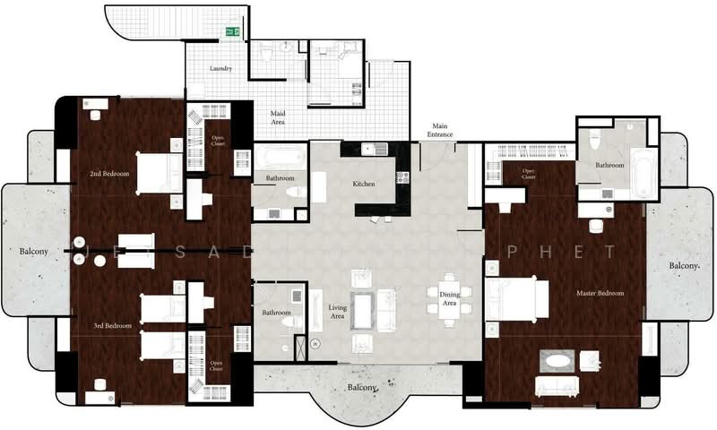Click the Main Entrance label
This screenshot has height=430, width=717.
click(x=441, y=131)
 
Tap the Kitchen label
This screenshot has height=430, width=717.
click(x=363, y=184)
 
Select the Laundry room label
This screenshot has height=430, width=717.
click(x=221, y=69)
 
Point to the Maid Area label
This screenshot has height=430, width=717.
click(x=279, y=117)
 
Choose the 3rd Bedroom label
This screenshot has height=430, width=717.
click(x=113, y=325)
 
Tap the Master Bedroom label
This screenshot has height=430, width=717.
click(x=600, y=293)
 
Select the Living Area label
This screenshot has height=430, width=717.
click(x=337, y=311)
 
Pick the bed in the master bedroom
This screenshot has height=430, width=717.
click(x=517, y=299)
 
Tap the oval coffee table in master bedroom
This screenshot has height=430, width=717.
click(x=558, y=362)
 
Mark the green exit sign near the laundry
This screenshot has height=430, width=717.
click(x=231, y=32)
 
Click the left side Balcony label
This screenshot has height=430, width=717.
click(x=33, y=252)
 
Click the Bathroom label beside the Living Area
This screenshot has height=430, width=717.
click(x=276, y=313)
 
